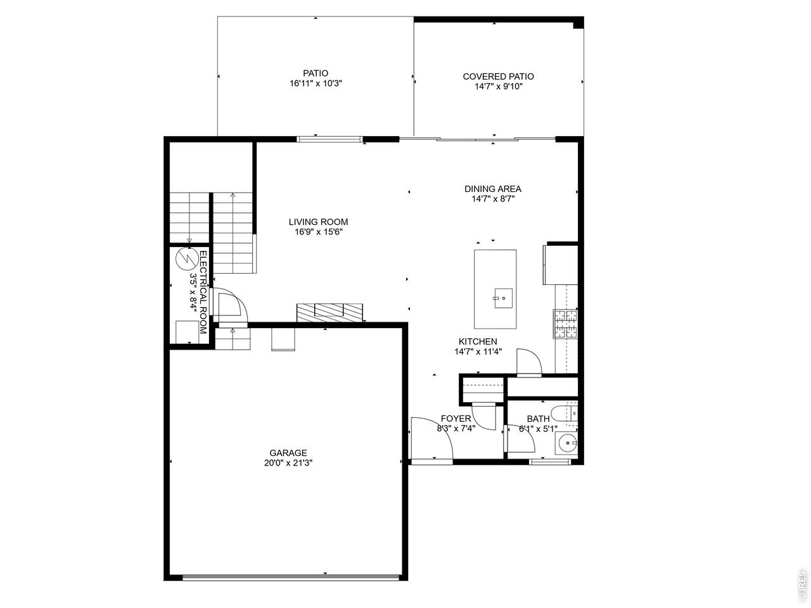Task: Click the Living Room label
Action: point(318,222)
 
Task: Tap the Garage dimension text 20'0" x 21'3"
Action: point(288,463)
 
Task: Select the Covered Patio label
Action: point(498,77)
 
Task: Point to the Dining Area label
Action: point(493,189)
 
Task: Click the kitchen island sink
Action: point(503,298)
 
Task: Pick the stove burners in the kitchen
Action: point(565,324)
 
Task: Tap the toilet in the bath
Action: point(564,414)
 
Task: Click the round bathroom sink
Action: point(567,443)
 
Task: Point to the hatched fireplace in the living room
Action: point(329,313)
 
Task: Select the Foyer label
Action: point(456,419)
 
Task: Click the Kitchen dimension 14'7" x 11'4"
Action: point(478,351)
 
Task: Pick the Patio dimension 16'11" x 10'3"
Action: point(316,83)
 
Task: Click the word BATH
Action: point(538,419)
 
